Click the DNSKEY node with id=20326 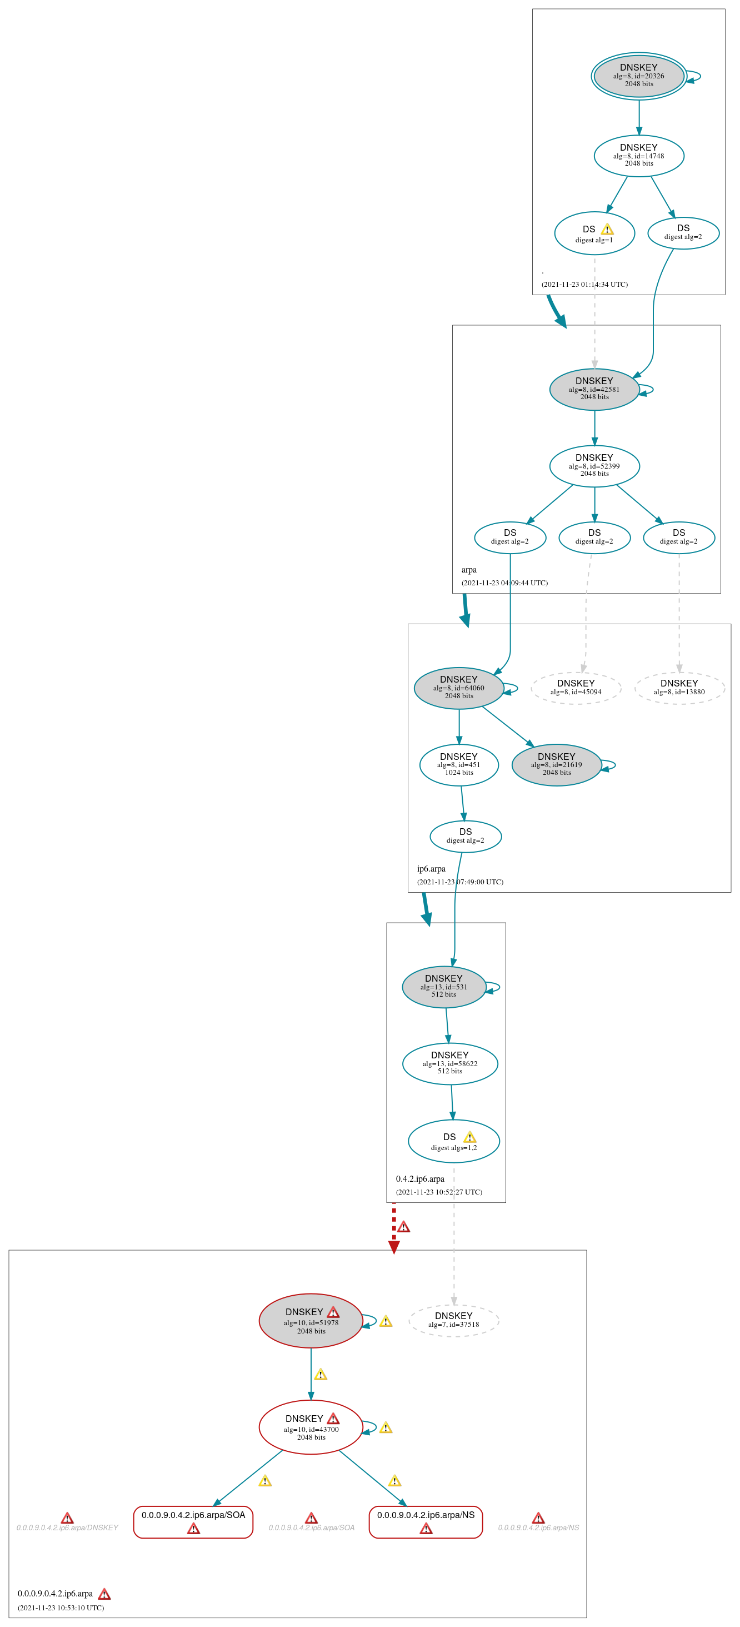click(x=638, y=76)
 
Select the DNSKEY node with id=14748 click(x=638, y=156)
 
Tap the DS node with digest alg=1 click(x=593, y=233)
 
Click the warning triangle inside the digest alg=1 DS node click(x=607, y=229)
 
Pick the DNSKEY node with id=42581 click(x=593, y=389)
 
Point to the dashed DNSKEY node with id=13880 click(x=679, y=688)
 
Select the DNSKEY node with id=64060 click(x=458, y=688)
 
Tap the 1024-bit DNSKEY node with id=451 click(x=458, y=764)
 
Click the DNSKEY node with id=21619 click(x=556, y=764)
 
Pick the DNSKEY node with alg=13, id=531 click(x=443, y=987)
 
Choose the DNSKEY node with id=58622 click(x=449, y=1063)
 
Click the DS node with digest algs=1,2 click(x=453, y=1141)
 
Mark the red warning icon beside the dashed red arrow click(x=403, y=1227)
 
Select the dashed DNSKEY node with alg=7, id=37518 click(x=453, y=1320)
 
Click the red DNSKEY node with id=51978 click(x=311, y=1321)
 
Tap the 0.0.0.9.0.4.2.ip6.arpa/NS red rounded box click(x=426, y=1521)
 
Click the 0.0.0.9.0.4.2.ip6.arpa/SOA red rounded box click(x=193, y=1521)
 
